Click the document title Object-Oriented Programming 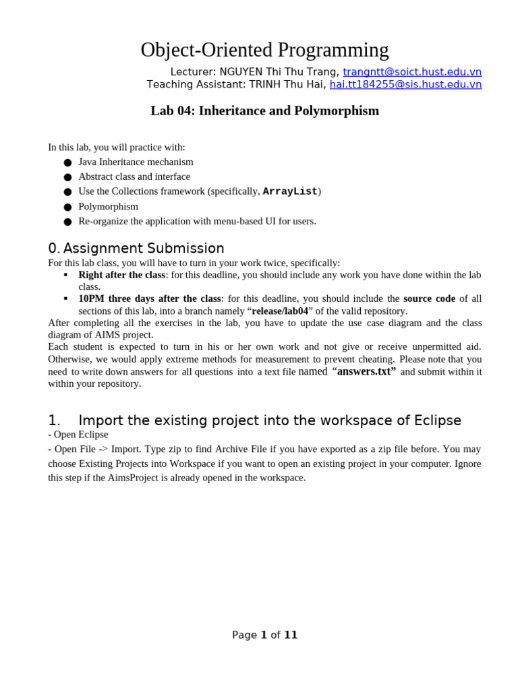tap(264, 50)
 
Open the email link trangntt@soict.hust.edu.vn tap(412, 72)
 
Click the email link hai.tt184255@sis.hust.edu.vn tap(405, 84)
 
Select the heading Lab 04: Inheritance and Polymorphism tap(264, 111)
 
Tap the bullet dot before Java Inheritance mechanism tap(67, 162)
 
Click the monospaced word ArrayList tap(290, 191)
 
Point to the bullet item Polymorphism tap(108, 206)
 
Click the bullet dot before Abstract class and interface tap(67, 177)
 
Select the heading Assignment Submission tap(143, 248)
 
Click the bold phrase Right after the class tap(121, 275)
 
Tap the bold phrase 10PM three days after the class tap(149, 299)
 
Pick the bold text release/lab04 tap(280, 311)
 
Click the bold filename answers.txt tap(364, 371)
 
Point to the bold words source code tap(429, 299)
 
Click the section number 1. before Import tap(54, 420)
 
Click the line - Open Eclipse tap(78, 435)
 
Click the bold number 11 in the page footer tap(291, 635)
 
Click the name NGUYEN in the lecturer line tap(241, 72)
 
